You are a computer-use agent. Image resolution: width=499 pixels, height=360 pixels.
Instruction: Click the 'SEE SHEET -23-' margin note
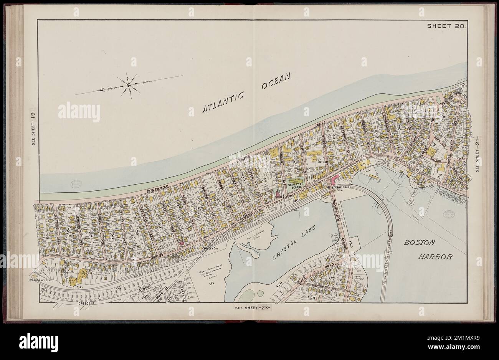(252, 307)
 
